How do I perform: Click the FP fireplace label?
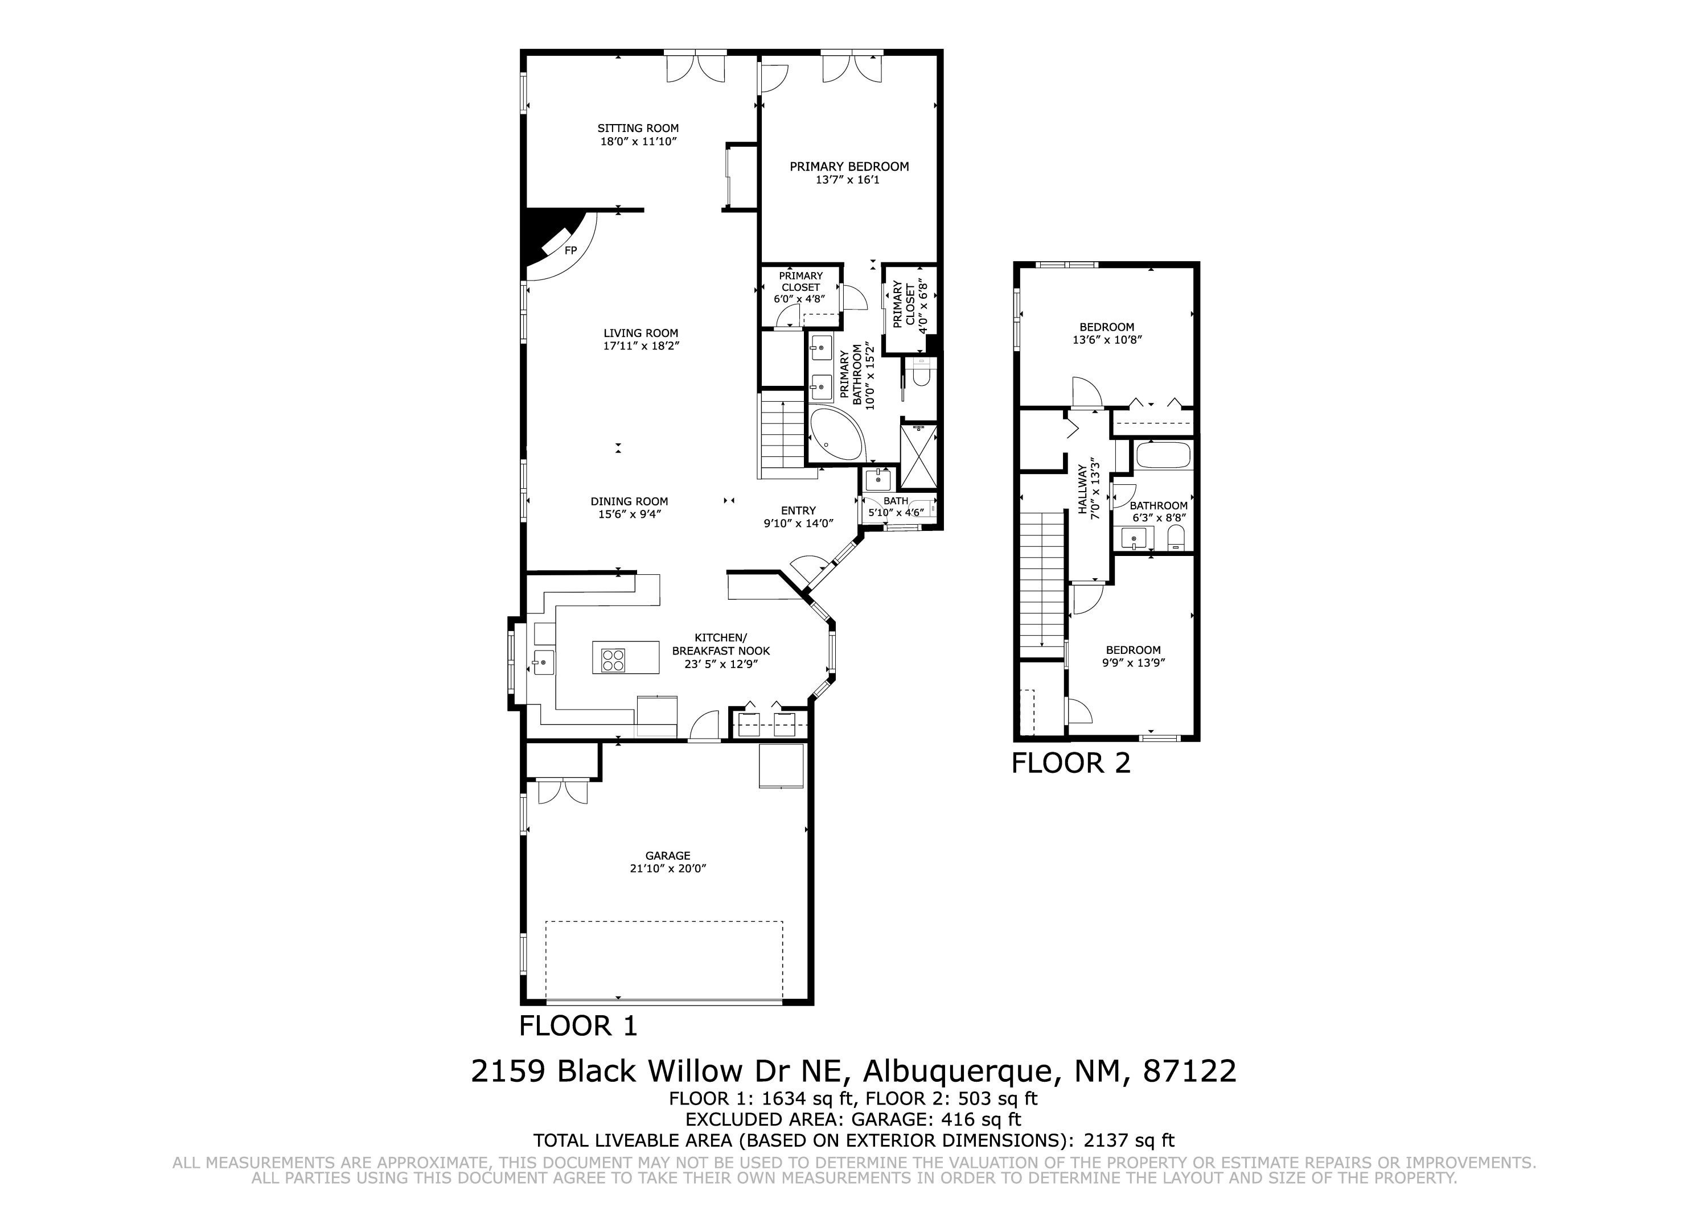(570, 250)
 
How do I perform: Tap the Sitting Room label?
(638, 128)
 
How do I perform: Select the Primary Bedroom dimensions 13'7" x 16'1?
(848, 179)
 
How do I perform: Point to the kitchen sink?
(543, 661)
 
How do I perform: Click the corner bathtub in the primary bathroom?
(836, 435)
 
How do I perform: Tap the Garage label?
(668, 856)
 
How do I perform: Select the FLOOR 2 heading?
(1071, 764)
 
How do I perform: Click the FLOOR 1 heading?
(578, 1026)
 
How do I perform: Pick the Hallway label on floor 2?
(1082, 489)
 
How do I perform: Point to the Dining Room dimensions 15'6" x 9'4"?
(629, 514)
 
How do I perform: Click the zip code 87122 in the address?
(1190, 1072)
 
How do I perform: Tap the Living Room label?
(641, 333)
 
